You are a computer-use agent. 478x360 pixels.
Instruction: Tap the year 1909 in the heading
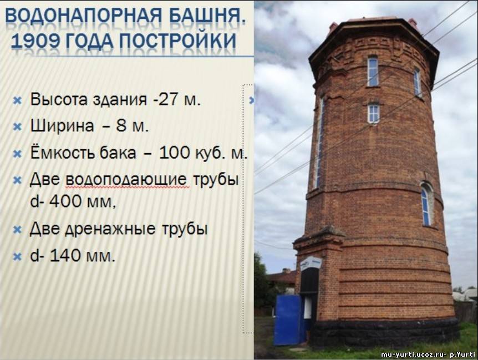pos(34,40)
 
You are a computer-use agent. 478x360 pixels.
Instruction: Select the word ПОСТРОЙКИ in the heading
pos(177,40)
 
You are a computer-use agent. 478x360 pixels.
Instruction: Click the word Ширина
pos(62,125)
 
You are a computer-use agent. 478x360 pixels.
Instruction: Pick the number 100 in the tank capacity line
pos(175,153)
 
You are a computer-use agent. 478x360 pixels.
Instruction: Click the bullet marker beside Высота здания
pos(17,100)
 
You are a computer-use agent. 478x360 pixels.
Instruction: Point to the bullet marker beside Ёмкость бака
pos(17,153)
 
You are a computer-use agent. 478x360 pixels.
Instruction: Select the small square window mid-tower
pos(373,113)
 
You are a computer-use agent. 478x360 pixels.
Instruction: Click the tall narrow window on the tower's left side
pos(319,143)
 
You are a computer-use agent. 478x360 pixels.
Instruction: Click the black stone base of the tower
pos(385,333)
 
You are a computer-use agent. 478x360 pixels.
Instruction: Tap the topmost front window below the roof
pos(373,72)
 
